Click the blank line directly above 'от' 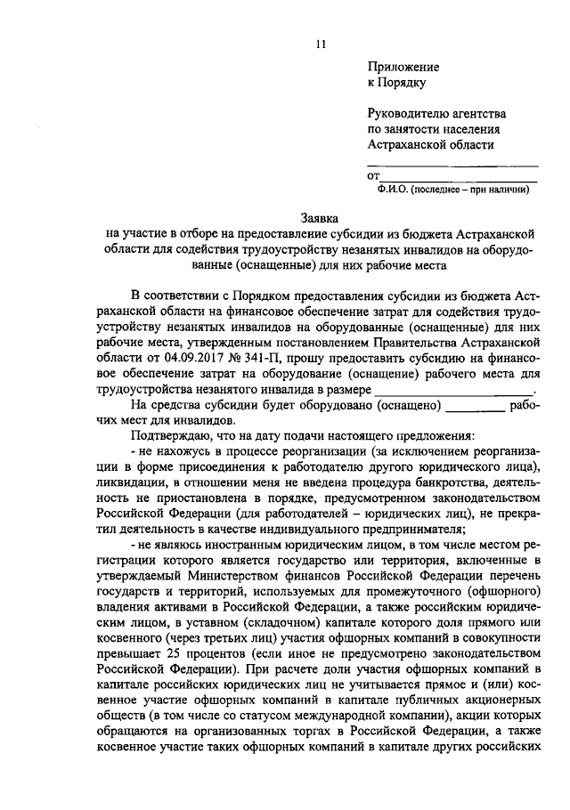pyautogui.click(x=453, y=165)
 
